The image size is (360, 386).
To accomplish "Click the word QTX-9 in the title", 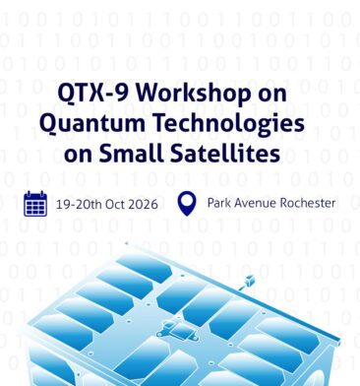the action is (x=92, y=93).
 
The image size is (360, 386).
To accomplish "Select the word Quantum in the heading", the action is (x=92, y=123).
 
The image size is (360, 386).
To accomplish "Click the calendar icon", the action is (x=35, y=204).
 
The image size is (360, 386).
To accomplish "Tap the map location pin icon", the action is (x=187, y=204).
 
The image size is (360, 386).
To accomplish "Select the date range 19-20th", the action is (x=79, y=205).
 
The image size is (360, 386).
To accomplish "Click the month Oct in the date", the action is (x=115, y=205).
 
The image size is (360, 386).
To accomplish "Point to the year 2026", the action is (x=143, y=205).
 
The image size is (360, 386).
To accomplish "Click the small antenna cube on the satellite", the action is (x=250, y=281).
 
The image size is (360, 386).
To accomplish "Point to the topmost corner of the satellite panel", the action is (x=127, y=243).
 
